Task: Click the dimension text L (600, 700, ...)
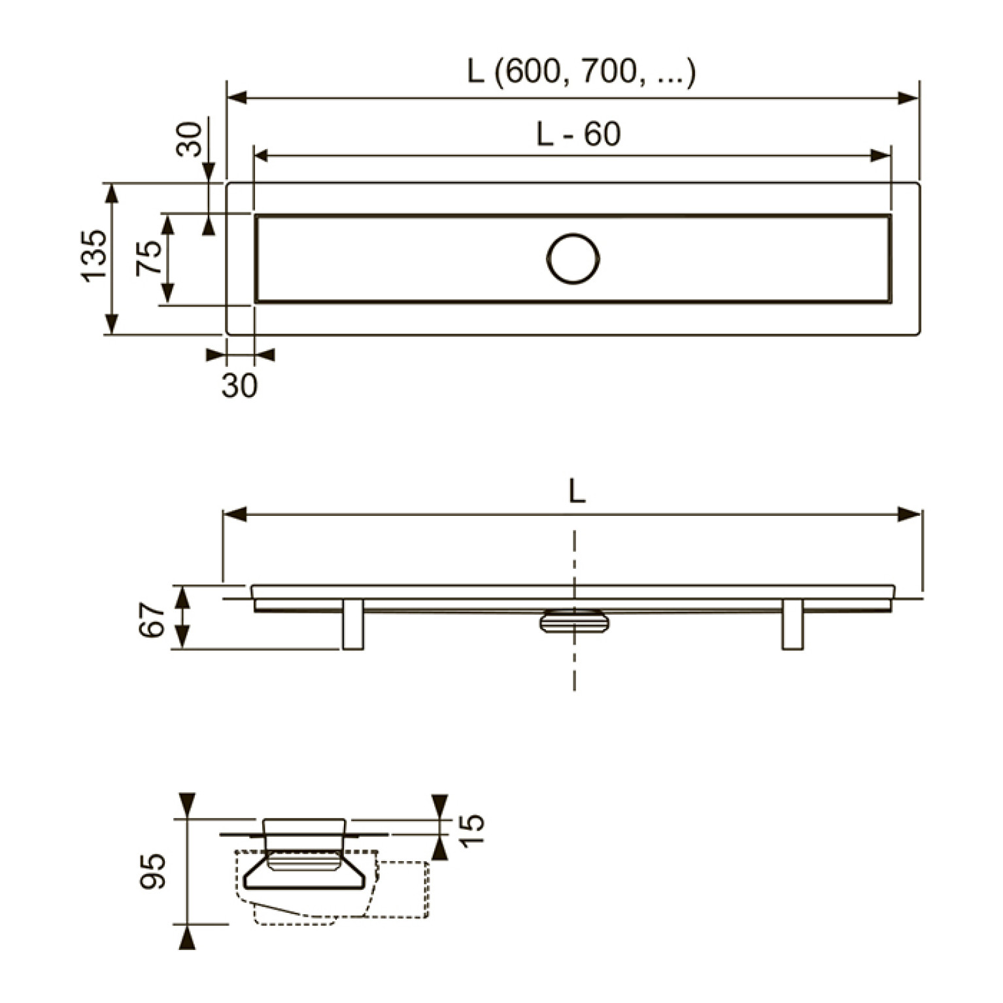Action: (581, 71)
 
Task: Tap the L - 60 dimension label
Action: (578, 134)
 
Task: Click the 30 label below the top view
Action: (239, 386)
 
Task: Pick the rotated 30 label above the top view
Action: (190, 139)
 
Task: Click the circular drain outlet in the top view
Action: (573, 258)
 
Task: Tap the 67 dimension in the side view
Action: (152, 620)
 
